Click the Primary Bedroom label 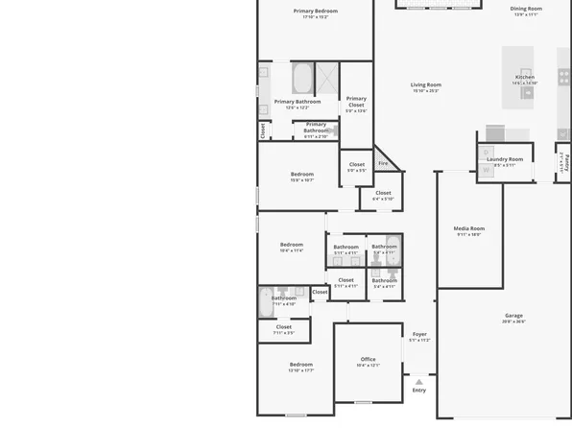tap(316, 11)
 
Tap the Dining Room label tap(526, 9)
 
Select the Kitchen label tap(524, 78)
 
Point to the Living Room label tap(425, 84)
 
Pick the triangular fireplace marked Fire tap(384, 162)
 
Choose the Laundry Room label tap(504, 159)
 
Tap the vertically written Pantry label tap(566, 159)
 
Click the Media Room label tap(469, 228)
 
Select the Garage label tap(514, 316)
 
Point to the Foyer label tap(419, 334)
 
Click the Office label tap(369, 359)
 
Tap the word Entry tap(418, 390)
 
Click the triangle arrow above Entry tap(418, 381)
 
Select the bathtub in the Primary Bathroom tap(301, 78)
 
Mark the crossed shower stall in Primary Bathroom tap(327, 76)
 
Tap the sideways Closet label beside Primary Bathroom tap(262, 129)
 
